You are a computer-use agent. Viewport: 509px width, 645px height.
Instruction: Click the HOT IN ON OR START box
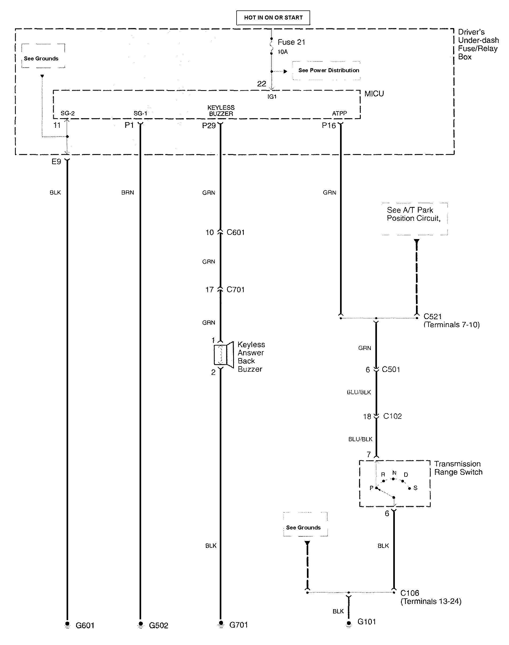[273, 18]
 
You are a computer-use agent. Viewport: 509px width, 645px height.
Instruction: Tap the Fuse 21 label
[291, 42]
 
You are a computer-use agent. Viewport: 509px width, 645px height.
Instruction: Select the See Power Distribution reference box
[326, 70]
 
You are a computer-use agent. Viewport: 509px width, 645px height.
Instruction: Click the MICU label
[374, 94]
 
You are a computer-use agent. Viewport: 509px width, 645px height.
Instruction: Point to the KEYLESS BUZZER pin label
[221, 111]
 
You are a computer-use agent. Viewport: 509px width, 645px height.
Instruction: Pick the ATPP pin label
[339, 113]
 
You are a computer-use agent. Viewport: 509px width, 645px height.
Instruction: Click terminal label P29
[209, 125]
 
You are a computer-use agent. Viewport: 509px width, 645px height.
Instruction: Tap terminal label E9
[56, 162]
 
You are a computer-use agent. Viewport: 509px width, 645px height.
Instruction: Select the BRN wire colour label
[128, 193]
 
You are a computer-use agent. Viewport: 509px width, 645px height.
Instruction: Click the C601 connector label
[236, 232]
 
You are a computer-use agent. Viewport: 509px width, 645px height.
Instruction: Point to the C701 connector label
[236, 289]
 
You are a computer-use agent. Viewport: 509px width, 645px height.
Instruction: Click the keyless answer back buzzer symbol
[223, 355]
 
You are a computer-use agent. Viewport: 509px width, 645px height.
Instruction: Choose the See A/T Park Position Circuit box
[415, 219]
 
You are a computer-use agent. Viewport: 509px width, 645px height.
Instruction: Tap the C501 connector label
[391, 369]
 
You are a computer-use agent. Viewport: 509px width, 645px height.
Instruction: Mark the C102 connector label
[392, 416]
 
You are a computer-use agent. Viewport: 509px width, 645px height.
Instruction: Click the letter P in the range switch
[371, 488]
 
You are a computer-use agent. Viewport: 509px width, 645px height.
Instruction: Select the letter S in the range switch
[415, 488]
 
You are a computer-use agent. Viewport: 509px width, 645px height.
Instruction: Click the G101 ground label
[367, 621]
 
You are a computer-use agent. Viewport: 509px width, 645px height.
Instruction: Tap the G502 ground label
[158, 625]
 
